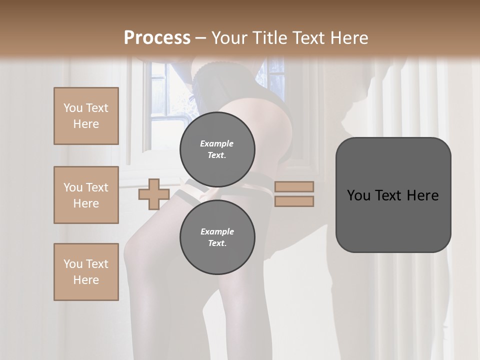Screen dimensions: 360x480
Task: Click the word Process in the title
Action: pyautogui.click(x=157, y=38)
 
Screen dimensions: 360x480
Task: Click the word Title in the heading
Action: pyautogui.click(x=270, y=38)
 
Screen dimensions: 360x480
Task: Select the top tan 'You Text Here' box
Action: pyautogui.click(x=86, y=116)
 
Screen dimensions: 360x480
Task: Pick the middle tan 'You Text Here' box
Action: pyautogui.click(x=86, y=195)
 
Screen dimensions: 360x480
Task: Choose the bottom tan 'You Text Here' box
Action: pyautogui.click(x=86, y=272)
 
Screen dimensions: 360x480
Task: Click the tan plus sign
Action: pyautogui.click(x=153, y=194)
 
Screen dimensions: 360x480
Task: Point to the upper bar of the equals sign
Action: pyautogui.click(x=294, y=186)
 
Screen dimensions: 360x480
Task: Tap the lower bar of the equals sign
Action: pyautogui.click(x=294, y=201)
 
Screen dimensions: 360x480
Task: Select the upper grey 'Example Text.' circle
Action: pyautogui.click(x=217, y=149)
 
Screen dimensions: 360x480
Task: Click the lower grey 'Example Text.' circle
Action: pyautogui.click(x=217, y=237)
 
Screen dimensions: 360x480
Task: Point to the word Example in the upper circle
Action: pyautogui.click(x=217, y=143)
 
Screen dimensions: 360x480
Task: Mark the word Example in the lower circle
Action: pyautogui.click(x=217, y=231)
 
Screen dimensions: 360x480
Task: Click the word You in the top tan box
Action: pyautogui.click(x=73, y=108)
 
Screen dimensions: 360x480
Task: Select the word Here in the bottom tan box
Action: pyautogui.click(x=86, y=280)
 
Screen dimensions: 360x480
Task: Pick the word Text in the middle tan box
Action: pyautogui.click(x=97, y=187)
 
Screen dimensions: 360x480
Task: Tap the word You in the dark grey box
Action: pyautogui.click(x=358, y=195)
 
